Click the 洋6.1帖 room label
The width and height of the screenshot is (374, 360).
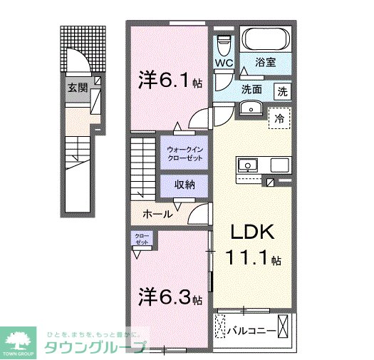[x=171, y=81]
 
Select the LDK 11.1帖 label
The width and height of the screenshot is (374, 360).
[x=250, y=245]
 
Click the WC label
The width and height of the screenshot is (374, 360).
[x=224, y=63]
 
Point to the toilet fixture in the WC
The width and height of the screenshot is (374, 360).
[x=224, y=43]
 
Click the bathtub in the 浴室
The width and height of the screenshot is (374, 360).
[x=263, y=38]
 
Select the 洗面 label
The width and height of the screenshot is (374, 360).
[x=251, y=91]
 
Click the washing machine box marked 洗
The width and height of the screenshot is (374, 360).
[x=283, y=91]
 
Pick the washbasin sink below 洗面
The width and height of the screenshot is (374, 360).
[x=250, y=108]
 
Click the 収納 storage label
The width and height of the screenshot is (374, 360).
[x=185, y=184]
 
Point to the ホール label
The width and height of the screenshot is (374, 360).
[x=156, y=214]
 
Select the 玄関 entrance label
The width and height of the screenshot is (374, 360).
[x=77, y=88]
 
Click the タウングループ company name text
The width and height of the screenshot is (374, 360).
[x=95, y=348]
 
